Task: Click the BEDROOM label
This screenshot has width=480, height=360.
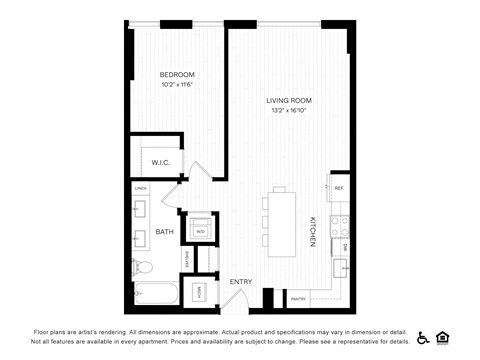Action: (178, 75)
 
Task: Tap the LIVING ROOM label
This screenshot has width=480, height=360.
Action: (288, 101)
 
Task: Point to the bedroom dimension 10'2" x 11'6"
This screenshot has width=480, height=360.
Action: (178, 85)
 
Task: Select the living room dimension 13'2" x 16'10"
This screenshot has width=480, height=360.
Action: (288, 111)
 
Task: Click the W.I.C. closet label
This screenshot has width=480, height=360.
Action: (160, 162)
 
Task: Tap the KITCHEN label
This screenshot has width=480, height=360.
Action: (313, 231)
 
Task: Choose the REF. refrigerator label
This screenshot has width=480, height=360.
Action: (339, 188)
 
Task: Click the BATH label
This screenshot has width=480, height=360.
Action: (164, 232)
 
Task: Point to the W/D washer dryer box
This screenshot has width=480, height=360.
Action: (200, 231)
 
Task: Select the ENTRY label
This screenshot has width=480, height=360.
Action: (241, 282)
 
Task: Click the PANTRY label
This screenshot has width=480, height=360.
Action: (298, 298)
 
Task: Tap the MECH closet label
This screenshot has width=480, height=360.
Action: (199, 292)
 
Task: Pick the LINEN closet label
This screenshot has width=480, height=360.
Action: (141, 188)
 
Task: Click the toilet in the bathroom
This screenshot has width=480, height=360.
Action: (141, 267)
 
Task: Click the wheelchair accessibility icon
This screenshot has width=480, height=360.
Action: (422, 337)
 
